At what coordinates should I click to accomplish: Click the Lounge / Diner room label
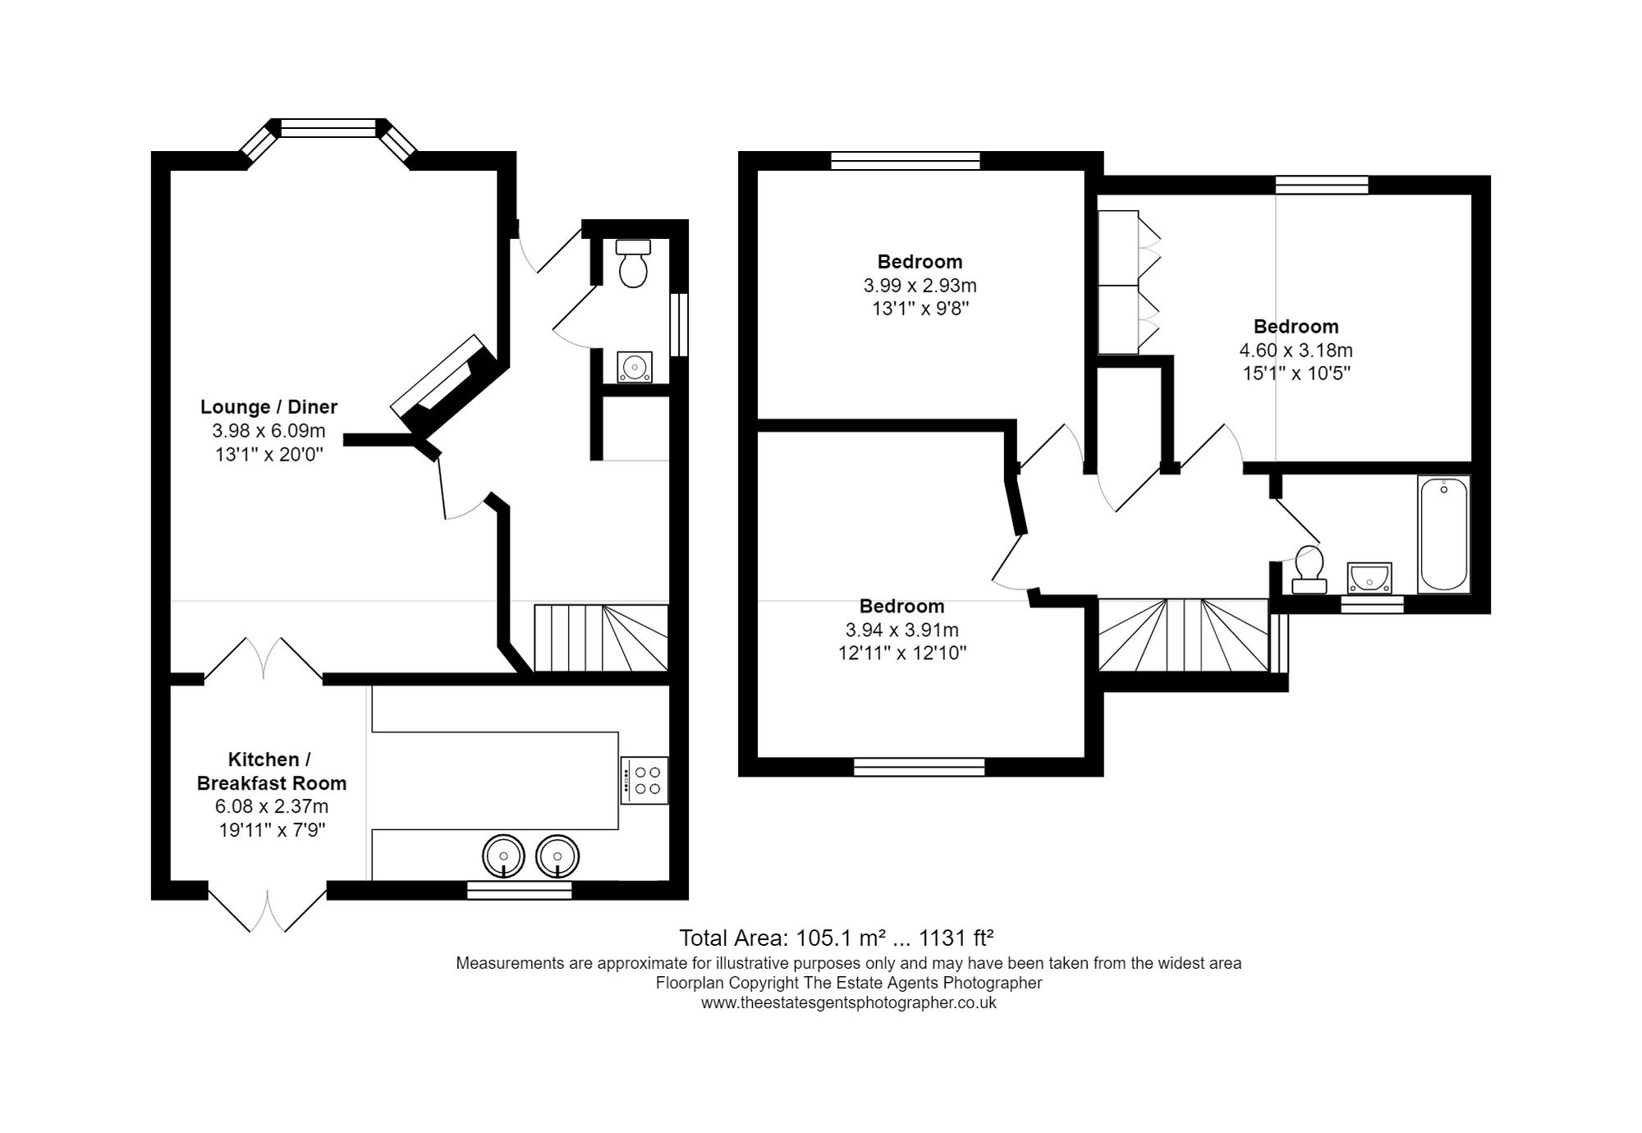268,407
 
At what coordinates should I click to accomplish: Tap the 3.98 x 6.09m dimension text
268,430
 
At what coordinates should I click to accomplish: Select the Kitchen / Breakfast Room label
271,771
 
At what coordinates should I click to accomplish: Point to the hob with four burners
644,780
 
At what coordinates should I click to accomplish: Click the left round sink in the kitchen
502,857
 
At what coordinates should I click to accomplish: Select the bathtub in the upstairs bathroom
1443,534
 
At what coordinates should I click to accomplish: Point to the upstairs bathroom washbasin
1369,578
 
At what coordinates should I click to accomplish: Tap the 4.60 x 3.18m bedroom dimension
1296,351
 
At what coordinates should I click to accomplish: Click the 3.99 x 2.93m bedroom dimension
920,286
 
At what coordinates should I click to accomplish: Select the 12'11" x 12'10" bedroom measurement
901,654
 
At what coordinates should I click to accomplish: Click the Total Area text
836,938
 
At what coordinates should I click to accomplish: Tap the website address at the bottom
848,1002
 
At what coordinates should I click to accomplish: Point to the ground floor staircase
600,638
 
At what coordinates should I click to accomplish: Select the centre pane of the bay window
328,129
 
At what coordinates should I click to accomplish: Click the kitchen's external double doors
268,910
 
